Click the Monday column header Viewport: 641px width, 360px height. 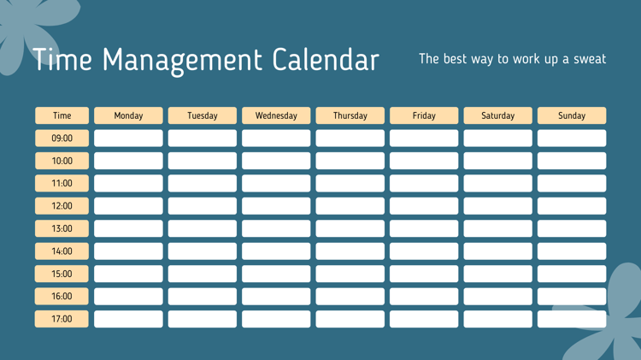click(x=128, y=115)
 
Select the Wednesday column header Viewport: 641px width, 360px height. click(x=276, y=115)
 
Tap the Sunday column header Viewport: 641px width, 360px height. click(x=572, y=115)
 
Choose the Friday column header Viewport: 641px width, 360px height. click(x=424, y=115)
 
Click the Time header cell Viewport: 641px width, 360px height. click(x=62, y=115)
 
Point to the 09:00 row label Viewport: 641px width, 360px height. click(x=62, y=139)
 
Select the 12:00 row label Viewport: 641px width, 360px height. click(x=62, y=206)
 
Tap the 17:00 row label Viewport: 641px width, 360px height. click(x=62, y=319)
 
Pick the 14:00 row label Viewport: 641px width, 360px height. click(x=62, y=251)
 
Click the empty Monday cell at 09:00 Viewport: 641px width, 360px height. click(x=128, y=139)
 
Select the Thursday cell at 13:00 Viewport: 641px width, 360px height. click(x=350, y=228)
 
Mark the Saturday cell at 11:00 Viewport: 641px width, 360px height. click(x=498, y=183)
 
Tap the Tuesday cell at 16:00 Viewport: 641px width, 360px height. click(x=203, y=296)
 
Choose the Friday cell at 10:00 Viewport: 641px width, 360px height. click(x=424, y=161)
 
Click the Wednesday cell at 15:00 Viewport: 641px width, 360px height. click(x=276, y=274)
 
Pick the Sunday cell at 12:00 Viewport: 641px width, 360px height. click(x=572, y=206)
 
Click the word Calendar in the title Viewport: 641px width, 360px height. click(x=326, y=60)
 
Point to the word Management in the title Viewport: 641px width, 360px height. click(x=182, y=62)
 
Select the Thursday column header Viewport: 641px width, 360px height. click(x=350, y=115)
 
